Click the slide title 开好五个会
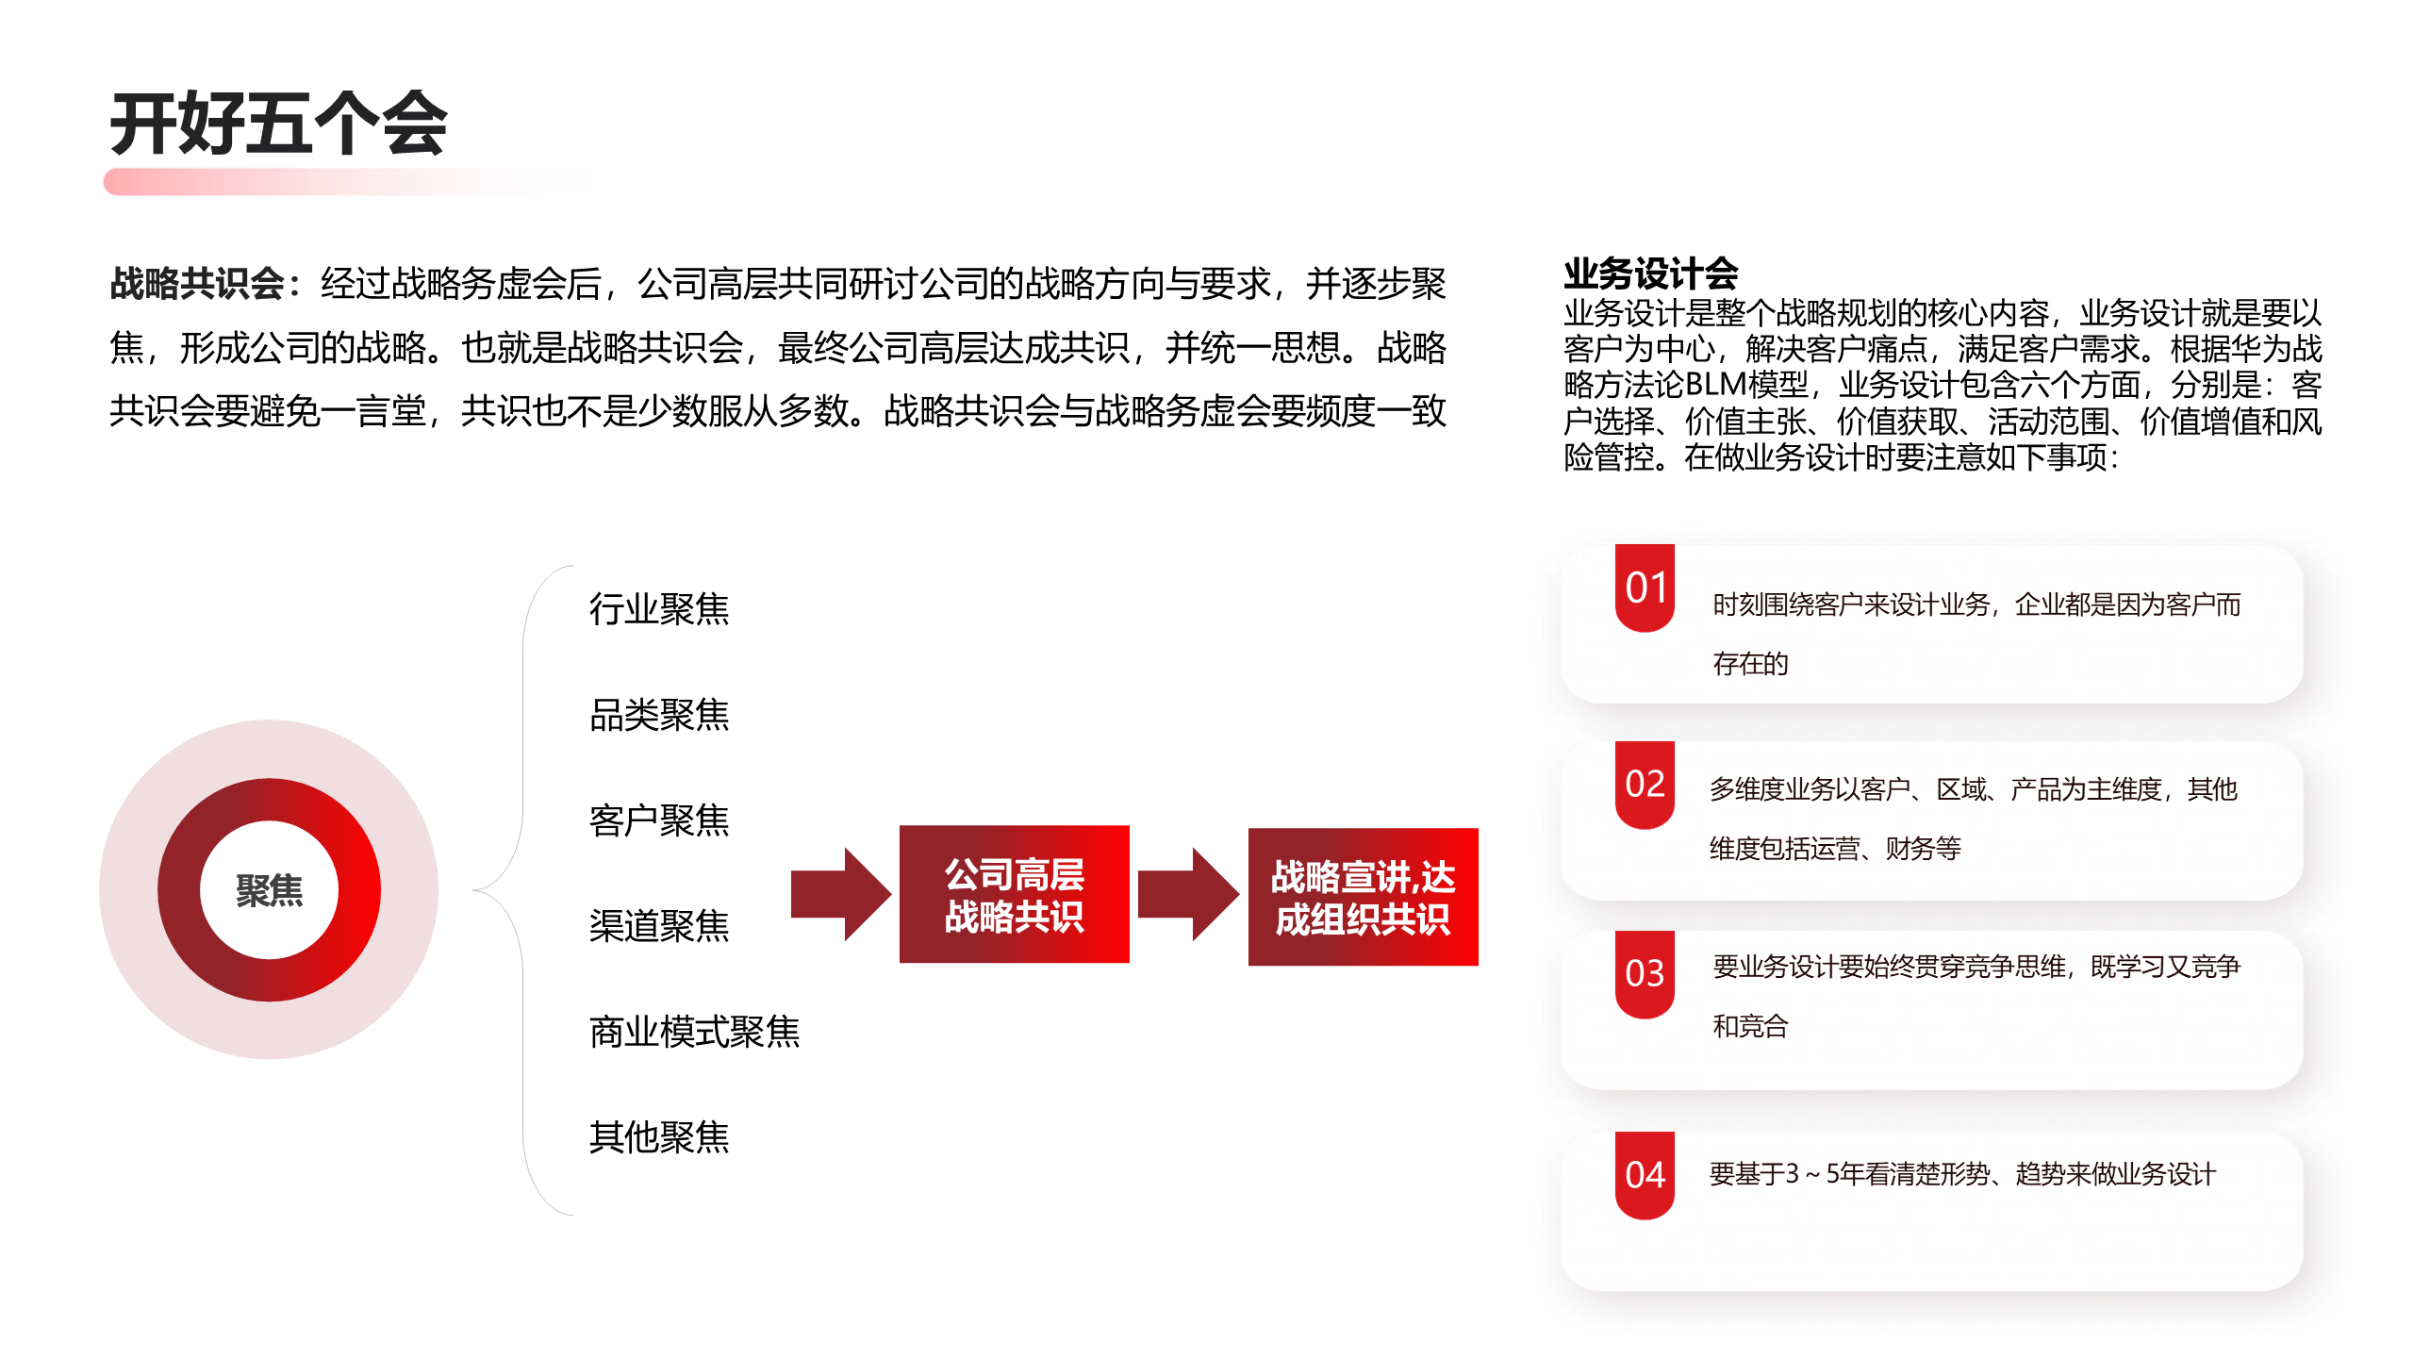278,124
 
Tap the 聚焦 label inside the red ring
269,890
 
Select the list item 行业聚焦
658,609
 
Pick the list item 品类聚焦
658,715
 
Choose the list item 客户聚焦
658,820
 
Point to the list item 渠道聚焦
658,926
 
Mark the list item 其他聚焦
658,1137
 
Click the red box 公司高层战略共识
1014,894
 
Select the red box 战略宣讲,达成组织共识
1363,897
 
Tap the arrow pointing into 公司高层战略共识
839,894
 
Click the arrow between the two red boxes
1188,894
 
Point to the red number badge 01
1645,588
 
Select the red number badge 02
1645,784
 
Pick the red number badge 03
1645,973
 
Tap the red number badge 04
1645,1175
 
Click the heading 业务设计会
1650,273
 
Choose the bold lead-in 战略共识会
198,283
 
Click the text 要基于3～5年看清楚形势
1848,1174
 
